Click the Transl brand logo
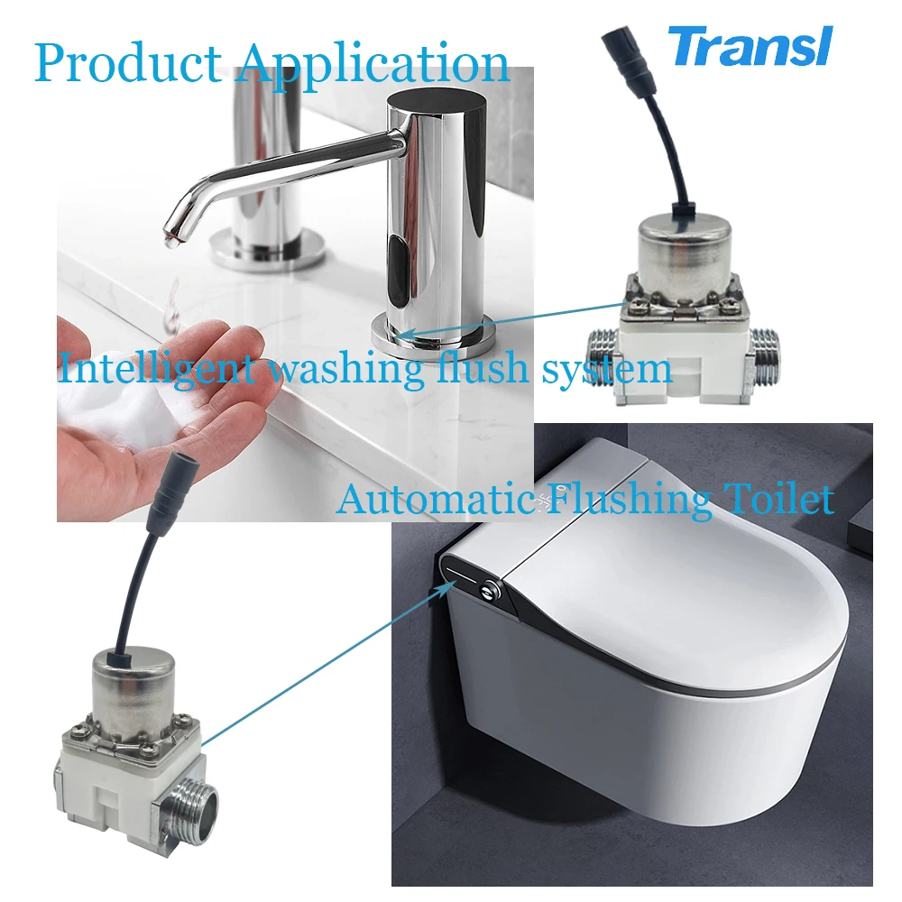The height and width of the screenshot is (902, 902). click(750, 47)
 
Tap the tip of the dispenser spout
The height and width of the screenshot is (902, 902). click(174, 237)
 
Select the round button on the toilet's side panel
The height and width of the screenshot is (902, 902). click(490, 590)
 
